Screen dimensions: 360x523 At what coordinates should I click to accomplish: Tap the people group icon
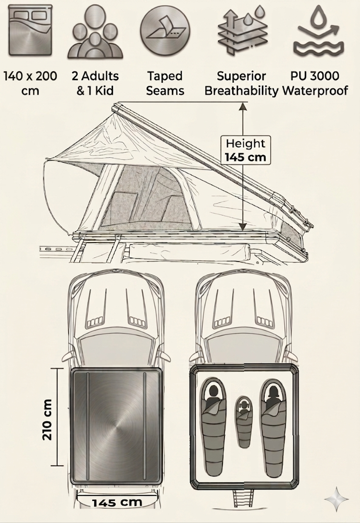[95, 32]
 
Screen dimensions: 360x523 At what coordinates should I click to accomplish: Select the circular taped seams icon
[165, 31]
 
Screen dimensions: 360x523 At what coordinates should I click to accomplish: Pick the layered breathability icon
[243, 31]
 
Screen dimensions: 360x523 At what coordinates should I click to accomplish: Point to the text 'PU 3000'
[315, 76]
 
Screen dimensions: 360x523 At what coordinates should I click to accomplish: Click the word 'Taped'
[165, 76]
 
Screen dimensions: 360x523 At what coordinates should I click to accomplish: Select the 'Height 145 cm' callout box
[246, 150]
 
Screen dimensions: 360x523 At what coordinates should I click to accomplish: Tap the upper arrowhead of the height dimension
[243, 106]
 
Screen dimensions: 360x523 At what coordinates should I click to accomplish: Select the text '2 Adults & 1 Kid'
[95, 84]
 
